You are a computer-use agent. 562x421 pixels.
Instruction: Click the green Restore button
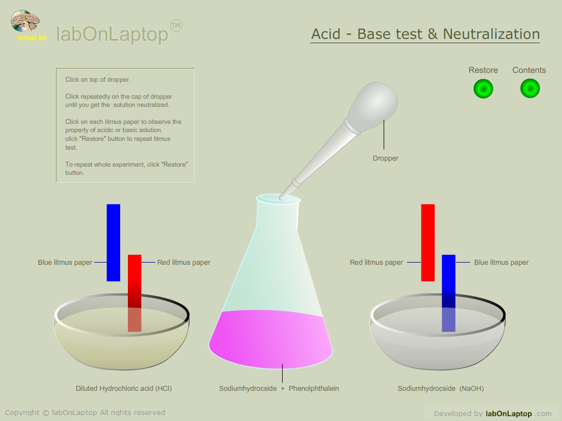(x=483, y=88)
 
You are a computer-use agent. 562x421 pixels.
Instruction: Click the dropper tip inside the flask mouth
(x=282, y=197)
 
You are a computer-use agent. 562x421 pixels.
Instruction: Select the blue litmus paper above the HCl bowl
(x=113, y=243)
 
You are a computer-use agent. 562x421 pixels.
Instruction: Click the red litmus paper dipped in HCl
(x=134, y=293)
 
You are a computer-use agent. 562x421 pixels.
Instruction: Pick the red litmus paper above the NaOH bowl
(x=428, y=243)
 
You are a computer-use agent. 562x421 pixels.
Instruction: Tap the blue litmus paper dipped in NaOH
(x=448, y=293)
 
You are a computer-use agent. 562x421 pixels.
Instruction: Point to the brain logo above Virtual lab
(x=25, y=21)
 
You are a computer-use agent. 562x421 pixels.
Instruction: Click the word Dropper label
(x=385, y=158)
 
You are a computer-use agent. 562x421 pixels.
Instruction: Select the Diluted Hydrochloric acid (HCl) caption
(x=123, y=389)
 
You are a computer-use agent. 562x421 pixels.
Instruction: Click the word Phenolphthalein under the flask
(x=313, y=389)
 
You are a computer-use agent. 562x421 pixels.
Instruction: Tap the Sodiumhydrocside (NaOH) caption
(x=441, y=389)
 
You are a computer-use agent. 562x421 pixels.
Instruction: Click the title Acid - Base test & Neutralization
(x=425, y=34)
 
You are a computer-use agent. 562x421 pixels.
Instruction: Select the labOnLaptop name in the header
(x=112, y=34)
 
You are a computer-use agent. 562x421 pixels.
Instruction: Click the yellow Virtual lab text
(x=32, y=38)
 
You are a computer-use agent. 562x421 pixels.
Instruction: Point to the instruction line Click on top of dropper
(x=98, y=79)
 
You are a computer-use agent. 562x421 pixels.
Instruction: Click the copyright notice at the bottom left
(x=85, y=412)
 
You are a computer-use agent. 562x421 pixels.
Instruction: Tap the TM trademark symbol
(x=176, y=26)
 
